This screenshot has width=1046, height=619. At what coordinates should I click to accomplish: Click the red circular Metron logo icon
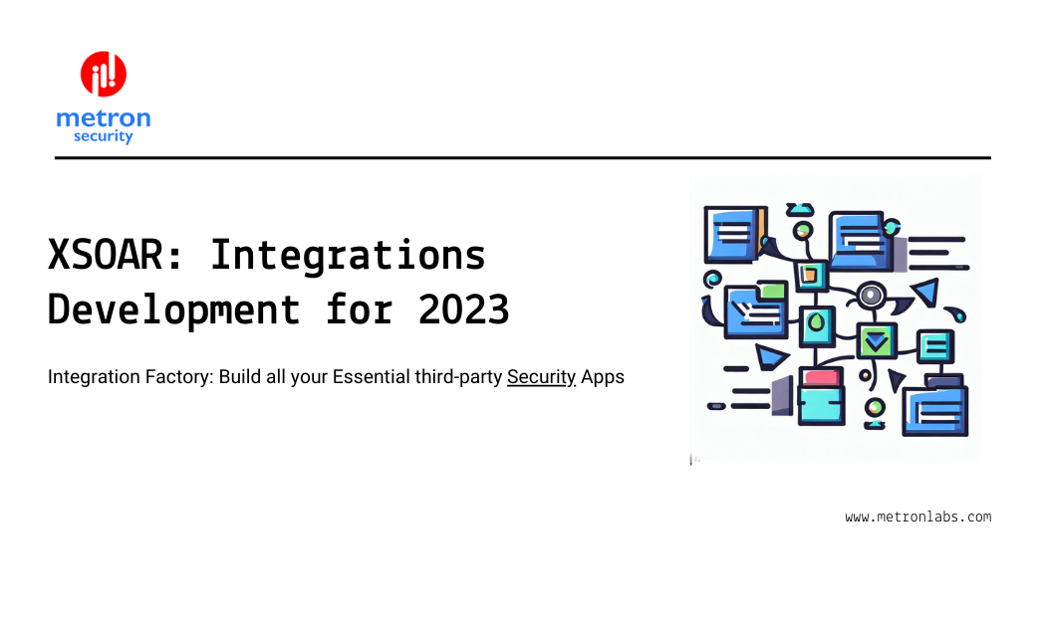pyautogui.click(x=104, y=75)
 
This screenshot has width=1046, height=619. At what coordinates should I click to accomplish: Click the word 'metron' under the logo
pyautogui.click(x=104, y=118)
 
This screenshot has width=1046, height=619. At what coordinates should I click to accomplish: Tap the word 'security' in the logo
pyautogui.click(x=104, y=136)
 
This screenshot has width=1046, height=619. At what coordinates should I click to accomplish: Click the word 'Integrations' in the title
pyautogui.click(x=348, y=256)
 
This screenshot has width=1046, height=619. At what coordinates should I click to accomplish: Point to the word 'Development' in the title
pyautogui.click(x=174, y=310)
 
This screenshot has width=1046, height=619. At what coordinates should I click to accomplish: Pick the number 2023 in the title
pyautogui.click(x=464, y=310)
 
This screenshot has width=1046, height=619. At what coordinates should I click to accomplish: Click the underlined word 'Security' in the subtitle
pyautogui.click(x=542, y=378)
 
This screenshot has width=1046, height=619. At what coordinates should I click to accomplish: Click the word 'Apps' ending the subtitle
pyautogui.click(x=603, y=378)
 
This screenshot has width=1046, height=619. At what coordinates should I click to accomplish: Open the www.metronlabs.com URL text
pyautogui.click(x=918, y=516)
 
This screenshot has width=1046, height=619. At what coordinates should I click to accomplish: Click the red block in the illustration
pyautogui.click(x=822, y=377)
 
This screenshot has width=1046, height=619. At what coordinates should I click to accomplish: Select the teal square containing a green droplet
pyautogui.click(x=817, y=323)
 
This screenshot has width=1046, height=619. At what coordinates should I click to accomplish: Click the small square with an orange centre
pyautogui.click(x=809, y=274)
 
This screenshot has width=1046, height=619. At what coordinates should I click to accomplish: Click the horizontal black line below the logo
pyautogui.click(x=522, y=157)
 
